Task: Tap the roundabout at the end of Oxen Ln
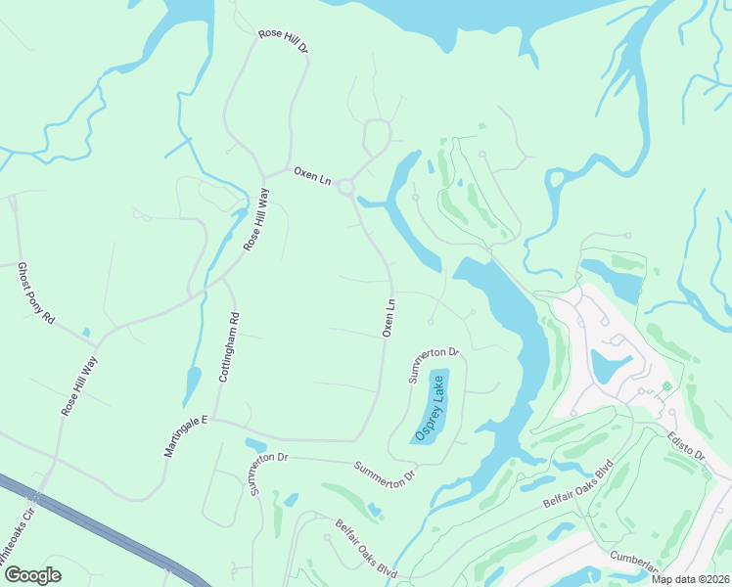coord(345,188)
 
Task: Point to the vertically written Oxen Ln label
coord(389,319)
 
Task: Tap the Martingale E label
coord(187,438)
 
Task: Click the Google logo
coord(32,575)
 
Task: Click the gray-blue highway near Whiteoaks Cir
coord(98,528)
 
